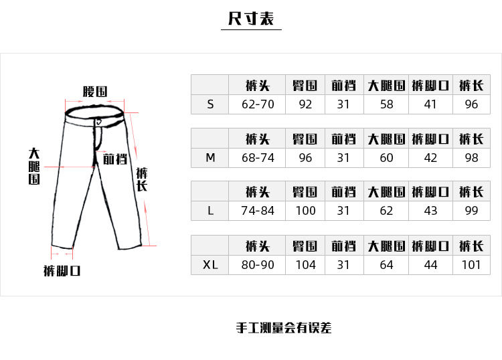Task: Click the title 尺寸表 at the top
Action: pyautogui.click(x=251, y=19)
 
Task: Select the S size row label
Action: pyautogui.click(x=210, y=104)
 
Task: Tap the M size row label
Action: pyautogui.click(x=210, y=158)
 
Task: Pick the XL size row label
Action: pyautogui.click(x=210, y=264)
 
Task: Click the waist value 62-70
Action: pyautogui.click(x=257, y=104)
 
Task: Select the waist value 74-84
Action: pyautogui.click(x=257, y=211)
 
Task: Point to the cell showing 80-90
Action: pyautogui.click(x=257, y=264)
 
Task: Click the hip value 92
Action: pyautogui.click(x=305, y=104)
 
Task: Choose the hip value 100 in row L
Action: pyautogui.click(x=305, y=211)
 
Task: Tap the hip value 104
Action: pyautogui.click(x=305, y=264)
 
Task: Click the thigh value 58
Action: pyautogui.click(x=386, y=104)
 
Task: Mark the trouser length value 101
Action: pyautogui.click(x=471, y=264)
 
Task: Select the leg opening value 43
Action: pyautogui.click(x=430, y=211)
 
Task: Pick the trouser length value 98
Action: pyautogui.click(x=471, y=158)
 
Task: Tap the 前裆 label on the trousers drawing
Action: pyautogui.click(x=114, y=159)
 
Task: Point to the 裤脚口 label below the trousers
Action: pyautogui.click(x=62, y=271)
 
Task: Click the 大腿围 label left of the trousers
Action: pyautogui.click(x=34, y=166)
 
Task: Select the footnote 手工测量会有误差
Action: pyautogui.click(x=284, y=328)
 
